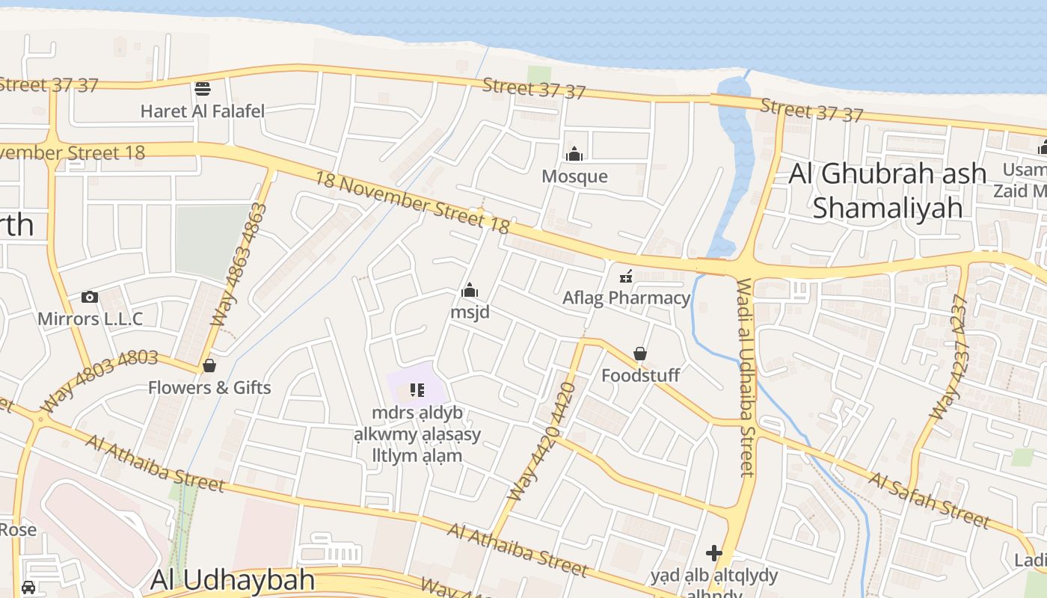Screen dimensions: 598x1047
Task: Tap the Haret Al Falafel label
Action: point(203,111)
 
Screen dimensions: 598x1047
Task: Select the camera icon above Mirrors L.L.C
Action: point(90,297)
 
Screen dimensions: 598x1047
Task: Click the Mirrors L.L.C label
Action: point(90,319)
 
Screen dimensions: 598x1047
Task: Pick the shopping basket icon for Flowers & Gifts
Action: point(209,366)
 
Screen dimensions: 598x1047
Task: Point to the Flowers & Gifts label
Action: point(209,388)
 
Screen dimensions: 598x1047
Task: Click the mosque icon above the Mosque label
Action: point(574,155)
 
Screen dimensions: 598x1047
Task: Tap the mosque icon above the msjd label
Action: point(470,289)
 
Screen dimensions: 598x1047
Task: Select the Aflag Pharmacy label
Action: point(626,298)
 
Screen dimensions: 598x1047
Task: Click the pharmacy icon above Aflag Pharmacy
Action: point(626,277)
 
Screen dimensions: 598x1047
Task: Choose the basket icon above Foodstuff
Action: point(640,354)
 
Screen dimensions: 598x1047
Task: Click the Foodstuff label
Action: point(640,375)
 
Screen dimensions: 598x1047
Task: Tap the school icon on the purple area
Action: point(417,389)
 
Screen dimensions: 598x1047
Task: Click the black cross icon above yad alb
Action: point(714,553)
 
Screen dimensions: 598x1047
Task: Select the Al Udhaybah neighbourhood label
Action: point(233,580)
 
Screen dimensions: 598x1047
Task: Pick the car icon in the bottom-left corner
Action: point(28,587)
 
